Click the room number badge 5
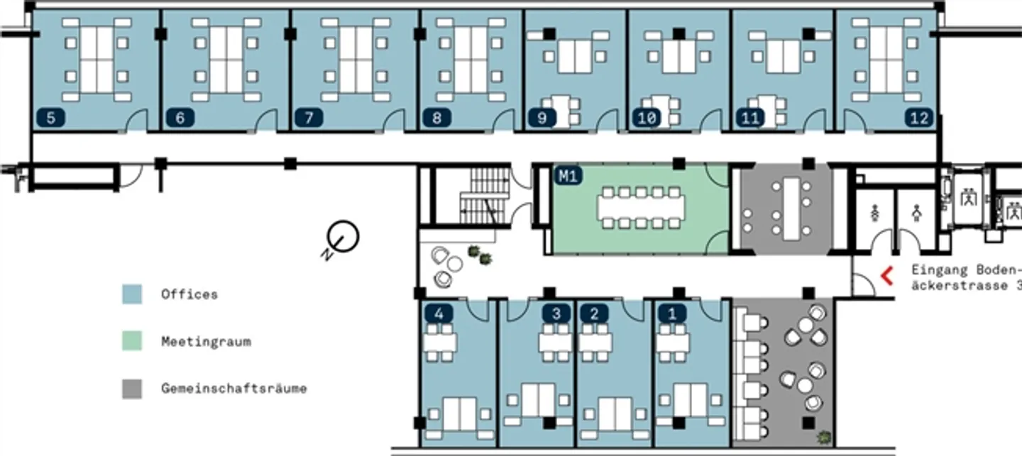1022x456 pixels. [x=50, y=118]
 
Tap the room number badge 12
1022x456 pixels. [x=919, y=118]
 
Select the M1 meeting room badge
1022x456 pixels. [x=568, y=176]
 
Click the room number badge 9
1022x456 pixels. [x=542, y=118]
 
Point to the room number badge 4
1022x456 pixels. [x=439, y=313]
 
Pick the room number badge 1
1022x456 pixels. [x=672, y=313]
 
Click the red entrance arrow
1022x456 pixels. [x=886, y=276]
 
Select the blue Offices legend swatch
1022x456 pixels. [x=132, y=294]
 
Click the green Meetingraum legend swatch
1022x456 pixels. [x=132, y=341]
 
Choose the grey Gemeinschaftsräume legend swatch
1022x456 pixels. [x=132, y=389]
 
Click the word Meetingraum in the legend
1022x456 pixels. [x=207, y=342]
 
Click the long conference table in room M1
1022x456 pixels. [x=641, y=208]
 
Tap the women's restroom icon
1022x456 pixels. [x=874, y=213]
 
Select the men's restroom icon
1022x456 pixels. [x=917, y=213]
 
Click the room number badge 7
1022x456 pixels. [x=309, y=118]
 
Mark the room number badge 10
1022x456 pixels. [x=647, y=118]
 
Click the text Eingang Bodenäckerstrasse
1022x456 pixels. [x=967, y=278]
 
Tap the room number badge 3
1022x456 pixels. [x=556, y=313]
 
